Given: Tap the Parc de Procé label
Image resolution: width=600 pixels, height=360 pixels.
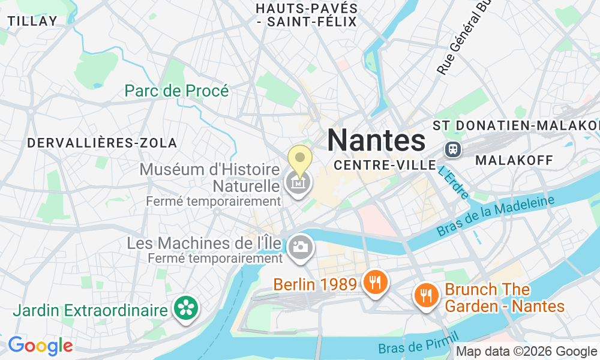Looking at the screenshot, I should pyautogui.click(x=176, y=91).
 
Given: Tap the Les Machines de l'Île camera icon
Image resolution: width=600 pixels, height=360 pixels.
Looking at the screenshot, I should pyautogui.click(x=300, y=246).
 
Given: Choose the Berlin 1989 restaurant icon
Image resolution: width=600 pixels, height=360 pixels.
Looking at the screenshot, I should pyautogui.click(x=376, y=281).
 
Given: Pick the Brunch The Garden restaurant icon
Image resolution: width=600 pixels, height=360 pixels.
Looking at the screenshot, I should pyautogui.click(x=426, y=295).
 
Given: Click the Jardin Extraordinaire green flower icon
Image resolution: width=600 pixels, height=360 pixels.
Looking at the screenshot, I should pyautogui.click(x=185, y=308).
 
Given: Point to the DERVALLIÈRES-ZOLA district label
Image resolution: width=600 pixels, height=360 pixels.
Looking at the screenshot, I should pyautogui.click(x=102, y=143).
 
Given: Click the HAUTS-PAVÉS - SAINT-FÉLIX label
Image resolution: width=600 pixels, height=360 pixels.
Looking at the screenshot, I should pyautogui.click(x=306, y=16).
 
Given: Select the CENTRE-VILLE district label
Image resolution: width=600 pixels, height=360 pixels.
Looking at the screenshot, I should pyautogui.click(x=385, y=164).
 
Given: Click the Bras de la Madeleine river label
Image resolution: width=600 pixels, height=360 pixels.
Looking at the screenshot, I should pyautogui.click(x=495, y=216).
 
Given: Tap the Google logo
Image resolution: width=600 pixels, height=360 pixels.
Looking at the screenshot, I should pyautogui.click(x=40, y=346).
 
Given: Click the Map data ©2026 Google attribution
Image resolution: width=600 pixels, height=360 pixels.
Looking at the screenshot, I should pyautogui.click(x=527, y=352).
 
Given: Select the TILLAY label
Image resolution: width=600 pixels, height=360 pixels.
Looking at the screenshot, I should pyautogui.click(x=32, y=20).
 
